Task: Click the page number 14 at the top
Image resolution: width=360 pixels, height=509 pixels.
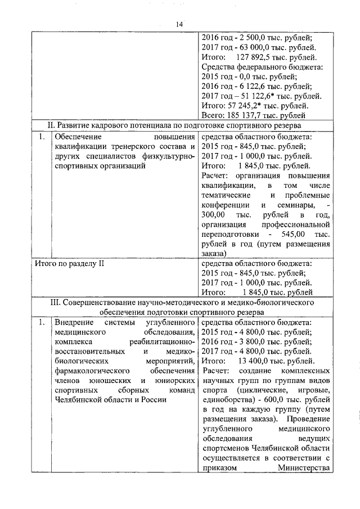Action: pyautogui.click(x=179, y=24)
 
